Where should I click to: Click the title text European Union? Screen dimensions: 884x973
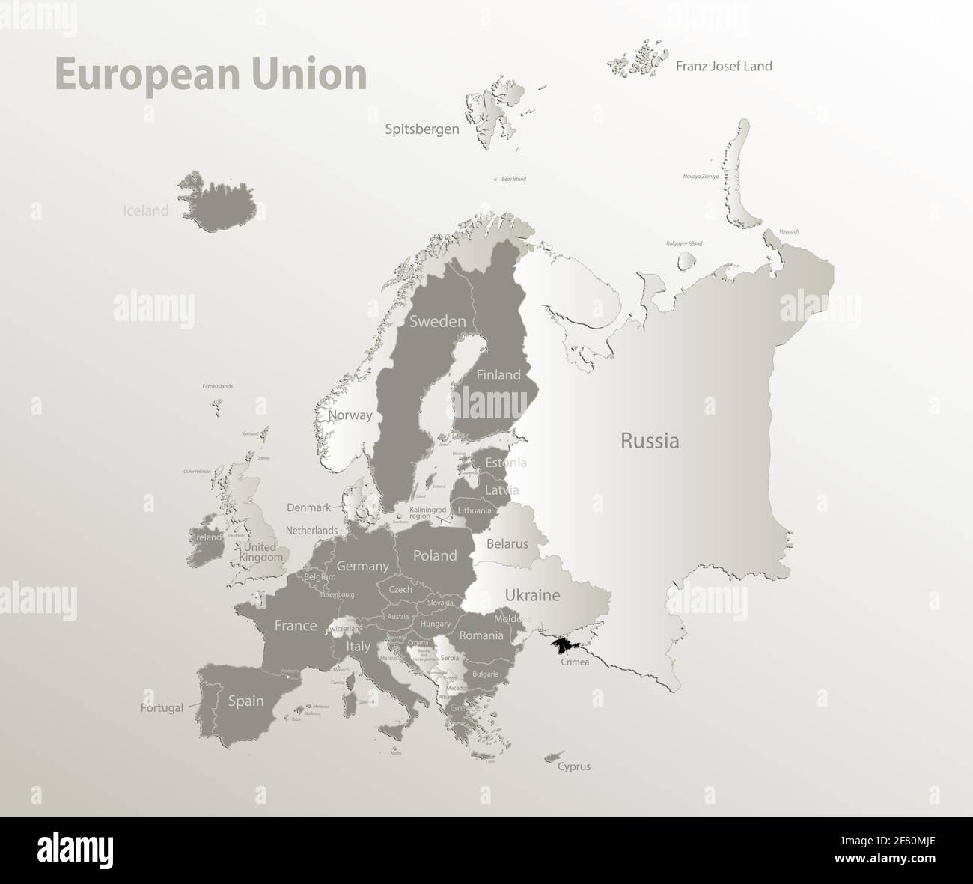click(210, 76)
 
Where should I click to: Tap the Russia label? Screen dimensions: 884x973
click(650, 441)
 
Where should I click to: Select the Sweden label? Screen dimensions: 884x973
click(437, 321)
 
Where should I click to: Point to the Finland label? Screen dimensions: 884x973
click(498, 374)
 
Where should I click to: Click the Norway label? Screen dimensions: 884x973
click(350, 415)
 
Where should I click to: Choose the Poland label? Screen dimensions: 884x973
click(435, 555)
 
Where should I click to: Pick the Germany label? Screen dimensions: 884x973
click(362, 567)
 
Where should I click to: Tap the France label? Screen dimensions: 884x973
click(296, 625)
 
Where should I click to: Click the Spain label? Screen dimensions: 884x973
click(245, 701)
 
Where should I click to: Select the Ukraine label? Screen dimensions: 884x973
click(532, 596)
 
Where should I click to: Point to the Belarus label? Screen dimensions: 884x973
click(507, 544)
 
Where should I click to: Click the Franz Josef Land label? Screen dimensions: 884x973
click(724, 66)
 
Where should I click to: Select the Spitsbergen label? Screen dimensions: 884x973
click(422, 129)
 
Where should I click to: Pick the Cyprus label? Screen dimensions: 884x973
click(574, 766)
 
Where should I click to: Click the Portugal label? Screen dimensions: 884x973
click(162, 707)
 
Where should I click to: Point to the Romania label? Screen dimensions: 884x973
click(481, 635)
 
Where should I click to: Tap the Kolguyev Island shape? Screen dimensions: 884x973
click(686, 261)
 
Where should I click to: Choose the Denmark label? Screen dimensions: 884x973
click(308, 507)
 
